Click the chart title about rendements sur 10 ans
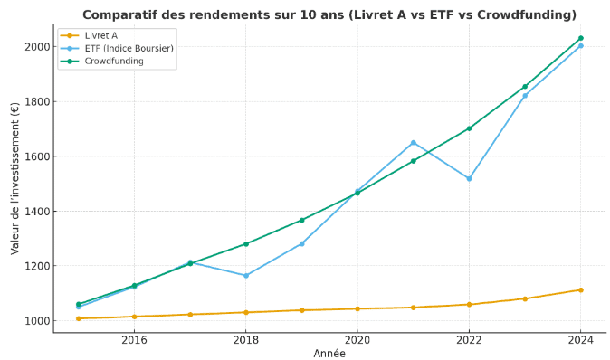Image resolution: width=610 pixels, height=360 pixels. point(329,14)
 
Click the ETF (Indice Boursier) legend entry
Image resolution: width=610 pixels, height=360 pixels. point(129,48)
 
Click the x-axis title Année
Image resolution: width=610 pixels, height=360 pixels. point(329,354)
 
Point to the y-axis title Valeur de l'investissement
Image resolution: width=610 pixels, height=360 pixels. point(15,178)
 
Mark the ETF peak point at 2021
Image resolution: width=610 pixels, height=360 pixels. point(414,142)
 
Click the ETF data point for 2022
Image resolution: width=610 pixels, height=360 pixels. point(469,178)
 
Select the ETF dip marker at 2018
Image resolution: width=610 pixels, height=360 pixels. point(246,276)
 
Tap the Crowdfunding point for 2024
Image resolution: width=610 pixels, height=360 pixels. point(580,38)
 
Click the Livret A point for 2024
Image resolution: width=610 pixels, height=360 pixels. point(580,289)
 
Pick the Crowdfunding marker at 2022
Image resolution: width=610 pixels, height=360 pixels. point(469,128)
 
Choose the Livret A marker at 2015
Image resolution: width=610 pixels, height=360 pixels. point(79,318)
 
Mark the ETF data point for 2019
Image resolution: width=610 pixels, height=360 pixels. point(302,243)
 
